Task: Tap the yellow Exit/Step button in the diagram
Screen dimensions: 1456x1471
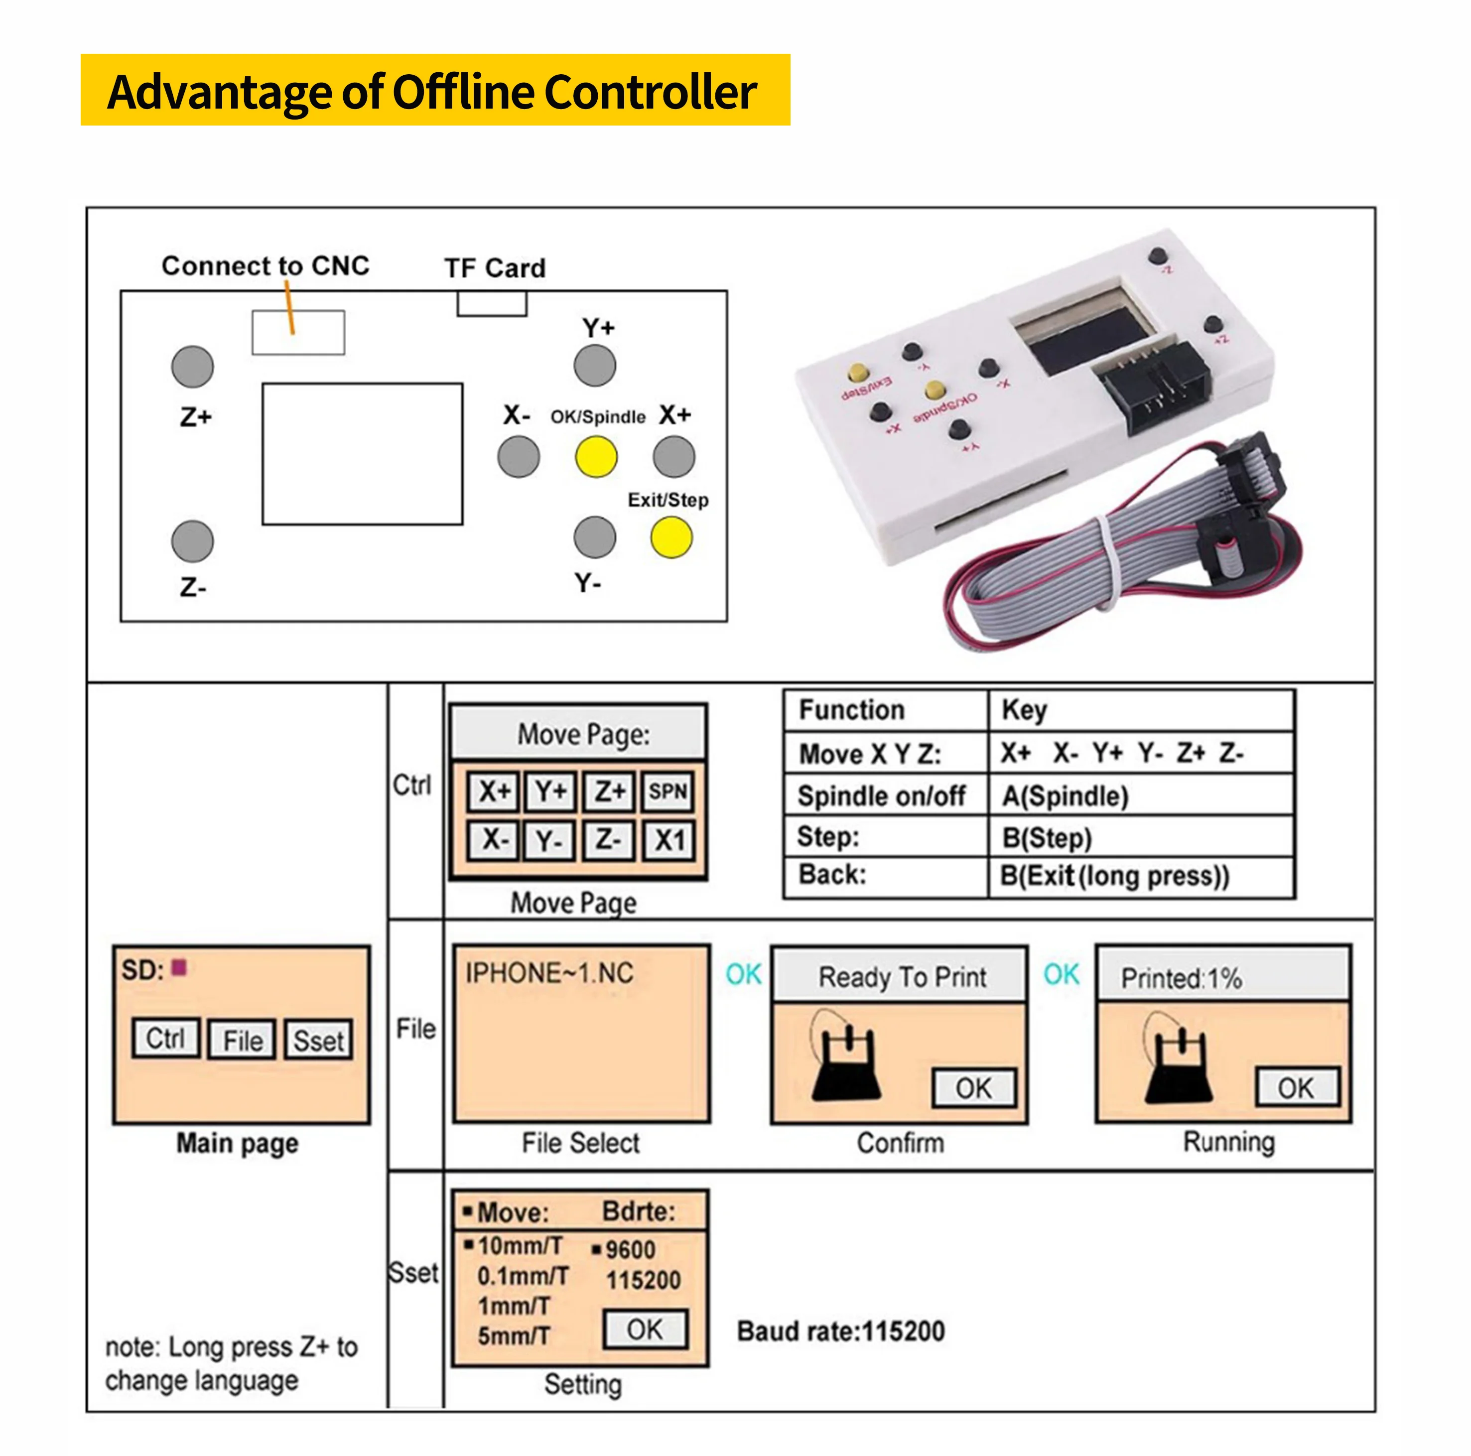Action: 671,537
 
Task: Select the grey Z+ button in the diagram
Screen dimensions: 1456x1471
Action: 193,366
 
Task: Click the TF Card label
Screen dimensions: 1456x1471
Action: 495,268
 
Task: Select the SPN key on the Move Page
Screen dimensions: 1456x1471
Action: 668,792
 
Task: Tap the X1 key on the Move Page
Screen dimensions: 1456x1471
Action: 669,841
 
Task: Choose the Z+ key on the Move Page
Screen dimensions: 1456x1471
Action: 610,792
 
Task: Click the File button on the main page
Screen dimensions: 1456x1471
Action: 242,1040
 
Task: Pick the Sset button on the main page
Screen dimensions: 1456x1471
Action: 319,1040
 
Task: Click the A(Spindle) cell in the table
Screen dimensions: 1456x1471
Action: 1065,796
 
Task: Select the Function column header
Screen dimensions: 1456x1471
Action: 851,710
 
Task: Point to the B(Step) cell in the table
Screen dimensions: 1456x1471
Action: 1047,838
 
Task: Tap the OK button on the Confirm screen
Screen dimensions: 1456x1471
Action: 974,1088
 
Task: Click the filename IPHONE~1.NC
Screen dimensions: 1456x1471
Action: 549,973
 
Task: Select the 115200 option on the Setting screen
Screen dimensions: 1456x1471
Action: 644,1280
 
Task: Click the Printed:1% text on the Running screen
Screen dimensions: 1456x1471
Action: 1181,978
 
